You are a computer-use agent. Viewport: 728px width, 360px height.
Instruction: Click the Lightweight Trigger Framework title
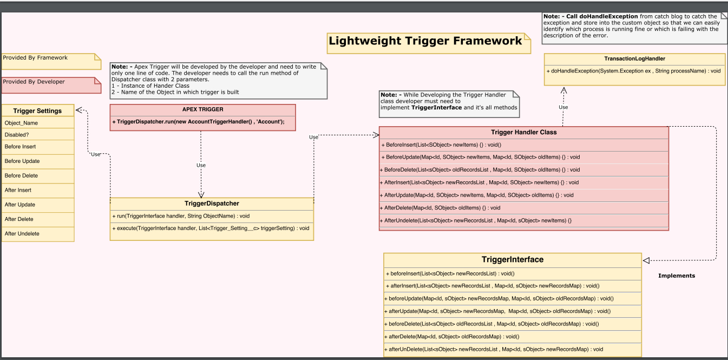click(425, 41)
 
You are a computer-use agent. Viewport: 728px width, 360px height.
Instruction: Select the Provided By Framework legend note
click(36, 58)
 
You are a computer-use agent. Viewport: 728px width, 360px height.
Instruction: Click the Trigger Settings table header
click(37, 111)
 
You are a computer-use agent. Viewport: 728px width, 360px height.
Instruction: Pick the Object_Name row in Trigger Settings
click(22, 123)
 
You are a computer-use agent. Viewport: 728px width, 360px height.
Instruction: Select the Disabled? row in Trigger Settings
click(17, 135)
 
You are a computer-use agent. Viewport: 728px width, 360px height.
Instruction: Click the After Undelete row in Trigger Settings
click(22, 234)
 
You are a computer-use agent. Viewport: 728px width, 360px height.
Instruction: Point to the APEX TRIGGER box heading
click(202, 109)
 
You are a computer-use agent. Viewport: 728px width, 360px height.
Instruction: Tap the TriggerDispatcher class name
click(212, 204)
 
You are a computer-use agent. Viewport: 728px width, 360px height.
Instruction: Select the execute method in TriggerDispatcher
click(211, 228)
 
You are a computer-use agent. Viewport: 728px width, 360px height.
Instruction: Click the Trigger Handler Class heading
click(523, 132)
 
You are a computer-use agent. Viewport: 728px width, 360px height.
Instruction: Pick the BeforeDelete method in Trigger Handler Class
click(480, 170)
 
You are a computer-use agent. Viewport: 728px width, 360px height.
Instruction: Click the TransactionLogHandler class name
click(634, 58)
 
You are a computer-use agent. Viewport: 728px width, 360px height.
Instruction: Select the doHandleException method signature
click(633, 71)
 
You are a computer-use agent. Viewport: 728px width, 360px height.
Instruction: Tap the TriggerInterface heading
click(512, 260)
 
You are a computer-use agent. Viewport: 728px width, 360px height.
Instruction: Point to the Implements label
click(676, 276)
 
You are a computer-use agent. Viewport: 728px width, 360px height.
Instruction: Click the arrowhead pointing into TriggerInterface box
click(646, 260)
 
